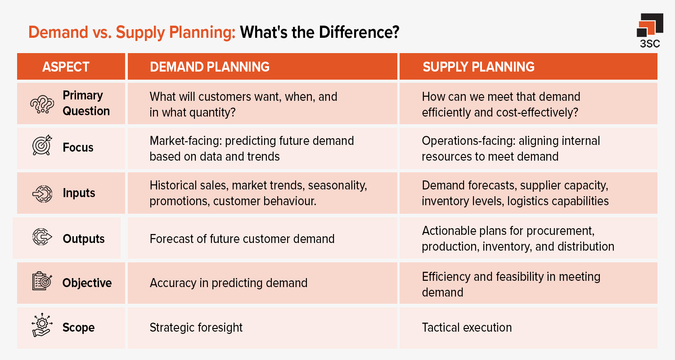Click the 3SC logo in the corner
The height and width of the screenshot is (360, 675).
click(650, 31)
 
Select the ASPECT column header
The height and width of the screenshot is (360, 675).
click(66, 67)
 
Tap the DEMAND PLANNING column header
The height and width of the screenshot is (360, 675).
click(209, 67)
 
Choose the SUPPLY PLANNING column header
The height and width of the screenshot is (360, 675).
click(478, 67)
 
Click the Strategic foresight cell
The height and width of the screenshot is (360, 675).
click(196, 327)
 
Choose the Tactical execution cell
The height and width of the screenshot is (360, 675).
click(467, 327)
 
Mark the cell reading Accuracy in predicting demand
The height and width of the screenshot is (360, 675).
click(228, 283)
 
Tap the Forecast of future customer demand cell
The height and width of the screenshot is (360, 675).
click(242, 238)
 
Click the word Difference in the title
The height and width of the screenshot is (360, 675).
click(351, 33)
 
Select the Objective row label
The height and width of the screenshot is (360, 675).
click(87, 283)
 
